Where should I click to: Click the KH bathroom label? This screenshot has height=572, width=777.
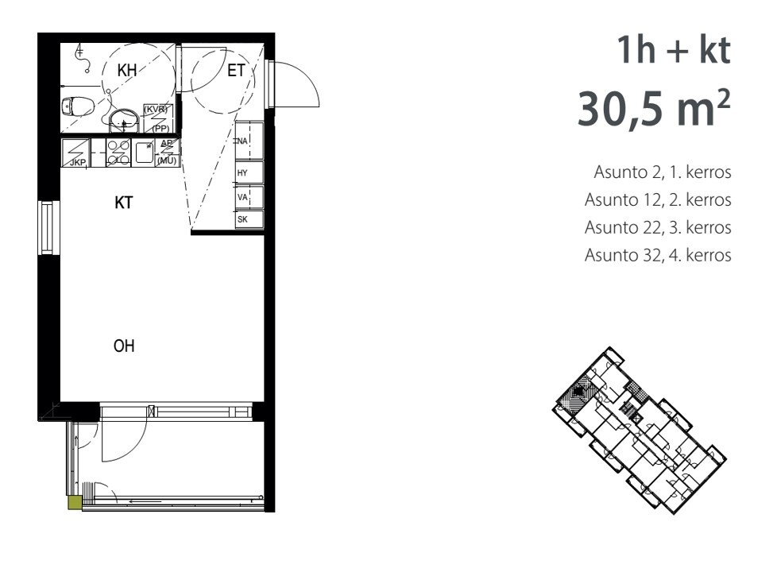tap(127, 71)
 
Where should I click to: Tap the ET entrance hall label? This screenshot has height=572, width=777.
tap(236, 71)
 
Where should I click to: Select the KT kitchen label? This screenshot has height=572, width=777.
tap(123, 203)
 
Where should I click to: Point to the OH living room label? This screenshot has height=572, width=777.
tap(124, 346)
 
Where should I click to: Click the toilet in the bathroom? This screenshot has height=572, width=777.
tap(79, 106)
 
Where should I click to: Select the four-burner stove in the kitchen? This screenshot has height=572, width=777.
tap(118, 153)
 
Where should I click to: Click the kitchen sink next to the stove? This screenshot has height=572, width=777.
tap(144, 153)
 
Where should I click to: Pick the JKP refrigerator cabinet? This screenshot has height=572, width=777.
tap(76, 153)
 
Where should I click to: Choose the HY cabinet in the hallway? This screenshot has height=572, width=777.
tap(249, 172)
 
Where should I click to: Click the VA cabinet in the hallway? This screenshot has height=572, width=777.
tap(249, 197)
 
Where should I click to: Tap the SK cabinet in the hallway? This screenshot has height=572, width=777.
tap(249, 219)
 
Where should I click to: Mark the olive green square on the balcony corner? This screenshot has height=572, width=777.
tap(75, 502)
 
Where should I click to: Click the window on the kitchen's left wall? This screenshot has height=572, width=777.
tap(48, 227)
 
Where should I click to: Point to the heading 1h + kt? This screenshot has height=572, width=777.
tap(674, 50)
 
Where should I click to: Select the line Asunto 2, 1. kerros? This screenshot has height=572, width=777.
tap(663, 172)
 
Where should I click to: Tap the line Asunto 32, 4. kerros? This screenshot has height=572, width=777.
tap(658, 255)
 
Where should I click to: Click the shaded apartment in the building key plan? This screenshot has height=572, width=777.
tap(578, 392)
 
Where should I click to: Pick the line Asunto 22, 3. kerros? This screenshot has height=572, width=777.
tap(658, 227)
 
